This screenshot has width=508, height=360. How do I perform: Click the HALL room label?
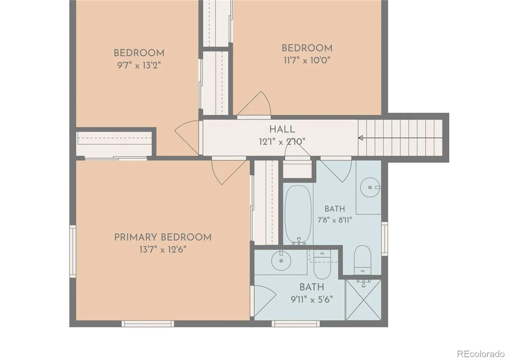tap(282, 129)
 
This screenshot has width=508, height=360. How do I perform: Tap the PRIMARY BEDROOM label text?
tap(163, 237)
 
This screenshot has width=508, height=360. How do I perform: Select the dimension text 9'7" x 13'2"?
tap(139, 65)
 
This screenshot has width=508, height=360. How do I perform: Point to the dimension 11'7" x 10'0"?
tap(307, 60)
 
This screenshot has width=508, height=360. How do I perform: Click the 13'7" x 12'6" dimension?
tap(163, 250)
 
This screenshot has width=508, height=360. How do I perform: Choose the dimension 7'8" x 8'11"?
tap(335, 220)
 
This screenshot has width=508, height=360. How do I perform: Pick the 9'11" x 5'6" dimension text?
tap(312, 300)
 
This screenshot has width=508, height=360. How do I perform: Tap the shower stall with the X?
tap(363, 300)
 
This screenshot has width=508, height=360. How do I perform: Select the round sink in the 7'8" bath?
tap(370, 187)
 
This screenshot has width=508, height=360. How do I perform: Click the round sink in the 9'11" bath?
tap(281, 261)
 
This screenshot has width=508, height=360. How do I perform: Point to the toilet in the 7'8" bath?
tap(362, 260)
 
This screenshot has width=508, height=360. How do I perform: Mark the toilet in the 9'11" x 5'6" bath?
tap(322, 264)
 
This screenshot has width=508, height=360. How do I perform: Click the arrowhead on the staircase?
tap(361, 138)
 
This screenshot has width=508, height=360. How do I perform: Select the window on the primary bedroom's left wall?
tap(73, 251)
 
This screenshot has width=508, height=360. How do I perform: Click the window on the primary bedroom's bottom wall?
tap(148, 324)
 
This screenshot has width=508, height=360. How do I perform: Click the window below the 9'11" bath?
tap(296, 324)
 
